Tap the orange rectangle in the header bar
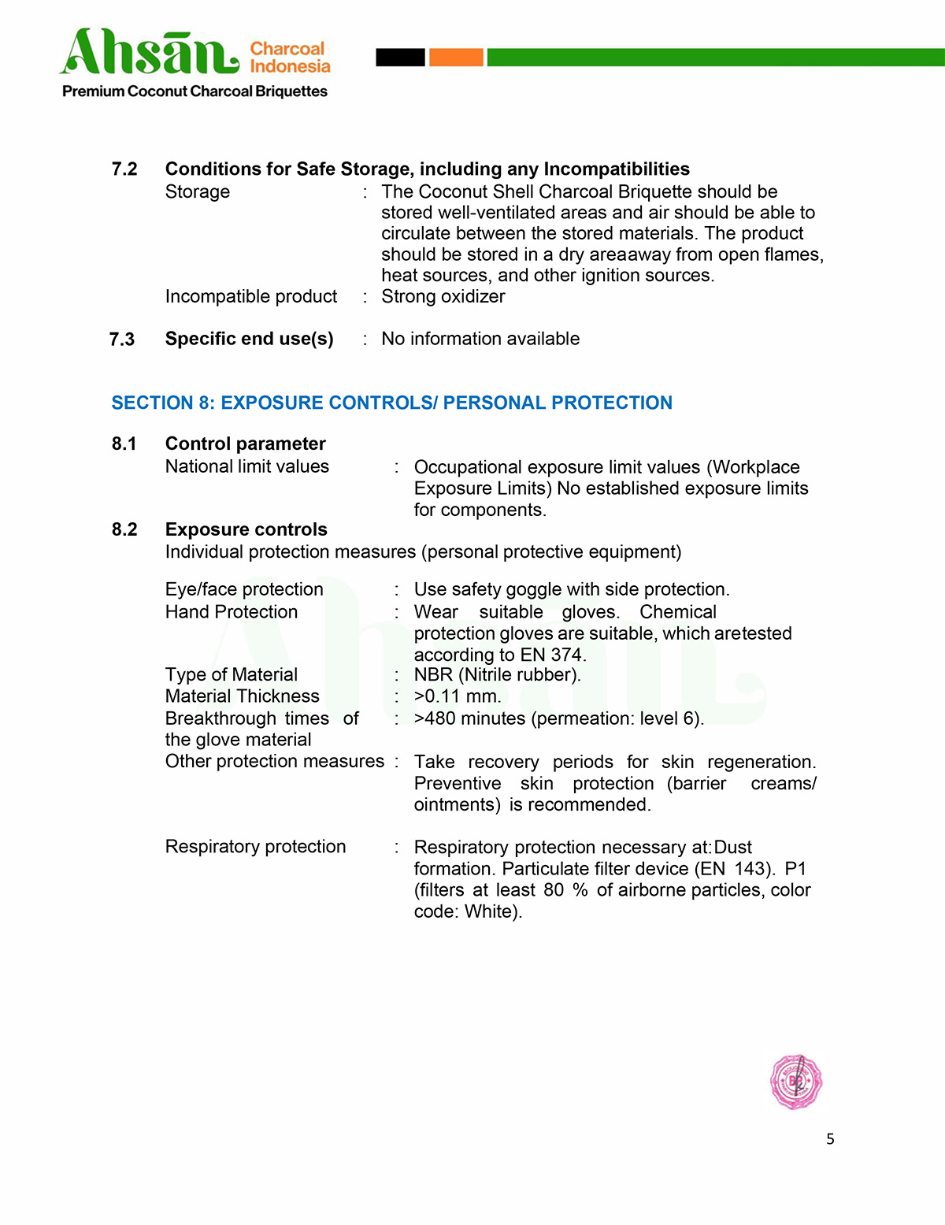[x=456, y=57]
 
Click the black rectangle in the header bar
[x=400, y=57]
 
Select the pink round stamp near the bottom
[x=795, y=1082]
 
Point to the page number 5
[x=830, y=1139]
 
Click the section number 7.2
[x=124, y=169]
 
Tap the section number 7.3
[x=122, y=340]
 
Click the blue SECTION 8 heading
[x=391, y=403]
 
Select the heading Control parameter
[x=245, y=444]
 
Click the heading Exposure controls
[x=246, y=529]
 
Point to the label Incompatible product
[x=250, y=296]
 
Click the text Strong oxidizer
[x=443, y=296]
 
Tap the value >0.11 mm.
[x=458, y=696]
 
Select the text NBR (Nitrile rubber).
[x=497, y=675]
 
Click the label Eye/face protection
[x=244, y=589]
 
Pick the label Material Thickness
[x=242, y=696]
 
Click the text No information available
[x=480, y=339]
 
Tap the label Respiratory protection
[x=255, y=847]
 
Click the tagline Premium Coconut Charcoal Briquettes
[x=195, y=91]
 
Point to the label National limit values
[x=246, y=466]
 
